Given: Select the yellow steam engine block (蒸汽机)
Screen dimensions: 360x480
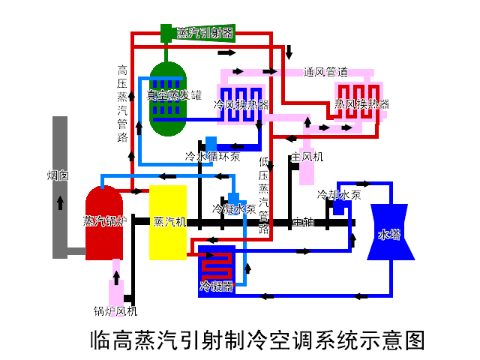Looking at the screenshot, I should tap(167, 223).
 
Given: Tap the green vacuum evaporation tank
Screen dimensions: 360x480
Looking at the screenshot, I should tap(166, 97).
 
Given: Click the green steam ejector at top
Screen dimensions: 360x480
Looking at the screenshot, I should tap(167, 33).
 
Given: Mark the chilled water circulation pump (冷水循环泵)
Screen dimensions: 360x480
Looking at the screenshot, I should tap(211, 144).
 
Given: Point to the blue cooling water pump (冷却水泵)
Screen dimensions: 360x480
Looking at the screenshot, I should tap(338, 206).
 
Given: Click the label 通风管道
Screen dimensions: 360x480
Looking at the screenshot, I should tap(325, 72).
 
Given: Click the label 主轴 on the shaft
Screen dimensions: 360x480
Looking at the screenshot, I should tap(303, 222).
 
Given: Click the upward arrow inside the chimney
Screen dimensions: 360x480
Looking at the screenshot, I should tap(60, 203).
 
